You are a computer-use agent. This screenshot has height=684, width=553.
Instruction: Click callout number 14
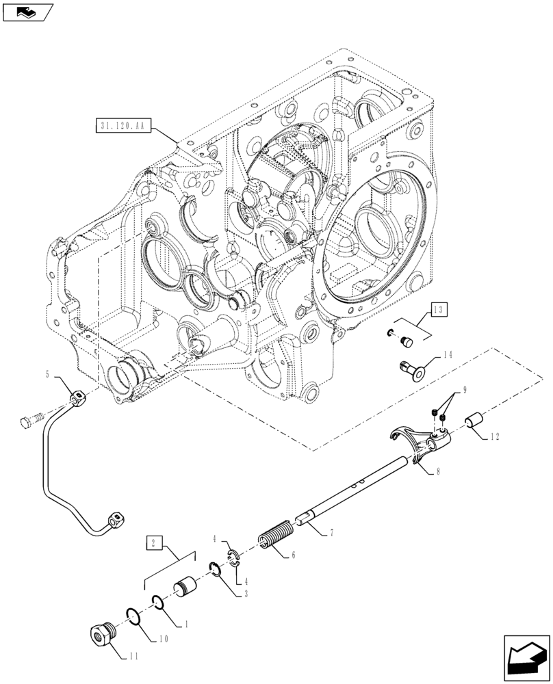pyautogui.click(x=448, y=355)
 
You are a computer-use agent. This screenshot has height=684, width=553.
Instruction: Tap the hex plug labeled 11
pyautogui.click(x=104, y=633)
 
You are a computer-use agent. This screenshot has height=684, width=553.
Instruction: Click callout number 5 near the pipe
pyautogui.click(x=47, y=374)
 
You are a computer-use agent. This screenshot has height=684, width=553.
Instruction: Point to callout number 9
pyautogui.click(x=465, y=390)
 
